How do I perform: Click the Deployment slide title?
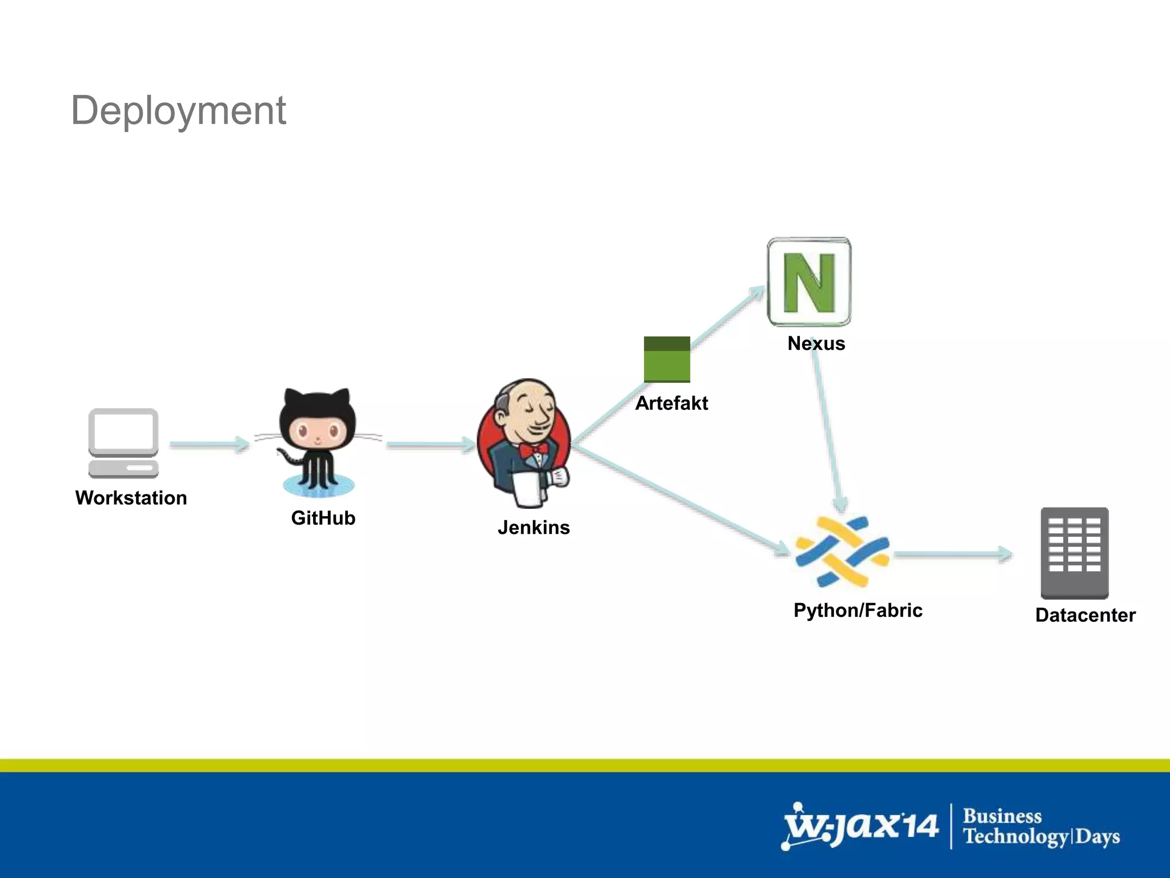coord(178,110)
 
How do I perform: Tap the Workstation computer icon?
coord(123,442)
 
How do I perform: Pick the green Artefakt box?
coord(667,360)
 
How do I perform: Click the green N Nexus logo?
coord(809,282)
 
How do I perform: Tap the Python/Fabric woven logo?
coord(842,552)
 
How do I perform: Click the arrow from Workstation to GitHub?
coord(209,444)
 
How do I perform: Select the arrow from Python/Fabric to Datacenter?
coord(952,554)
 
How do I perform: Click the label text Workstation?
coord(131,498)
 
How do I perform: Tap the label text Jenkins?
coord(534,527)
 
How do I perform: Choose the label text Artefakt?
coord(671,404)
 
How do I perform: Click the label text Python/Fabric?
coord(858,610)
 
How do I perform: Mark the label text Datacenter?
coord(1085,615)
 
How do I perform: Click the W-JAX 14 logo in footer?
coord(860,826)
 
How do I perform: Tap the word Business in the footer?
coord(1002,816)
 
